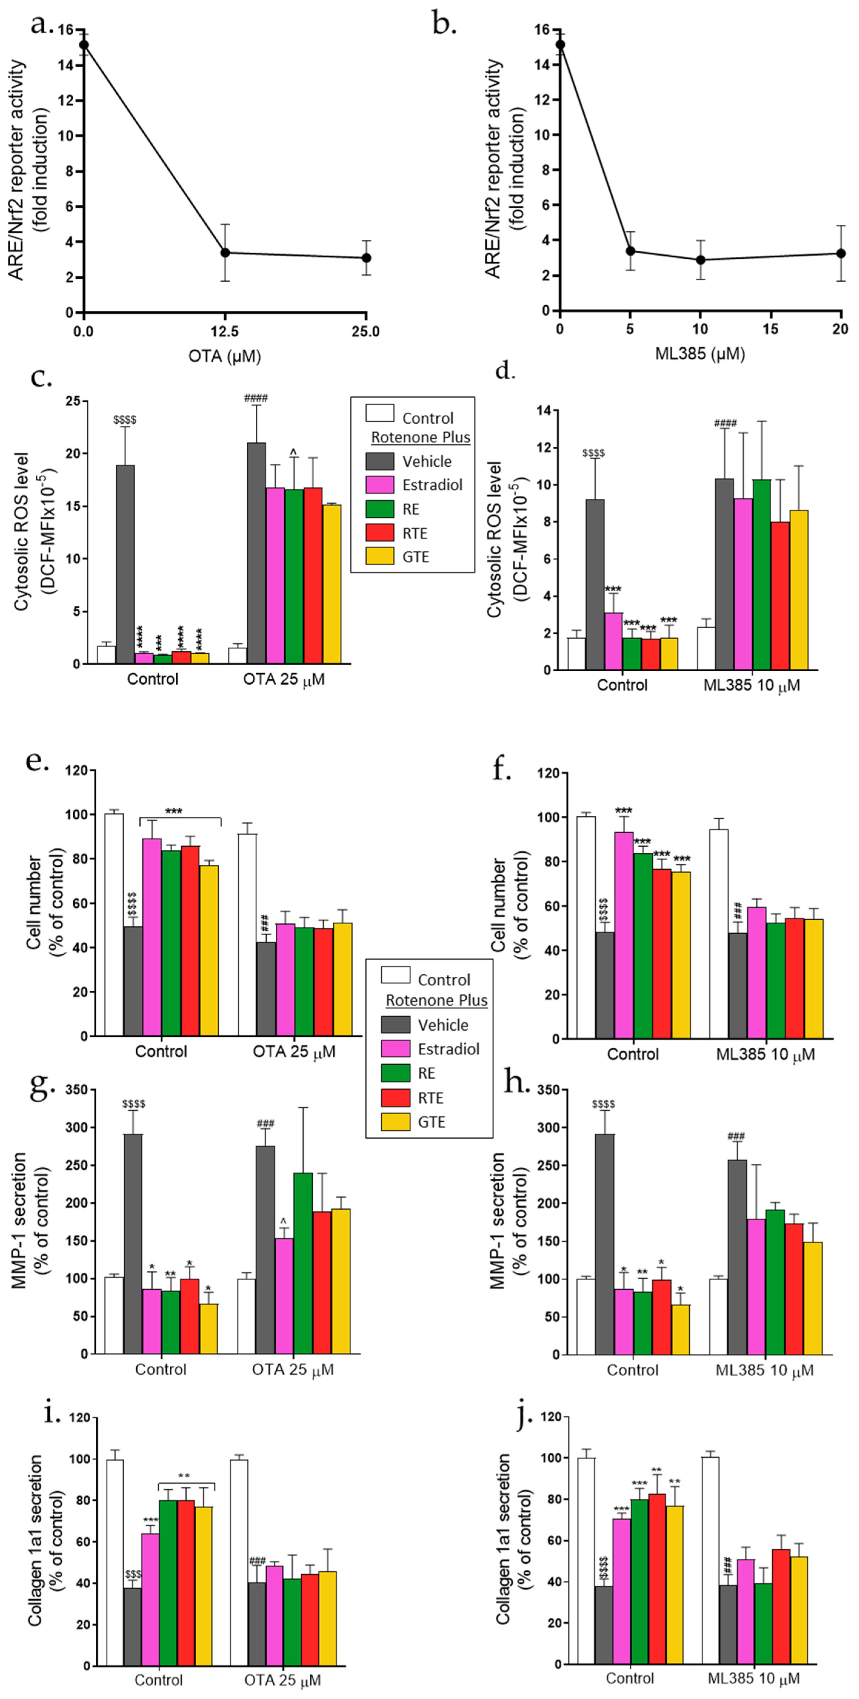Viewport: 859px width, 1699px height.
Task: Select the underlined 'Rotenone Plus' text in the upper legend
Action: click(421, 437)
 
